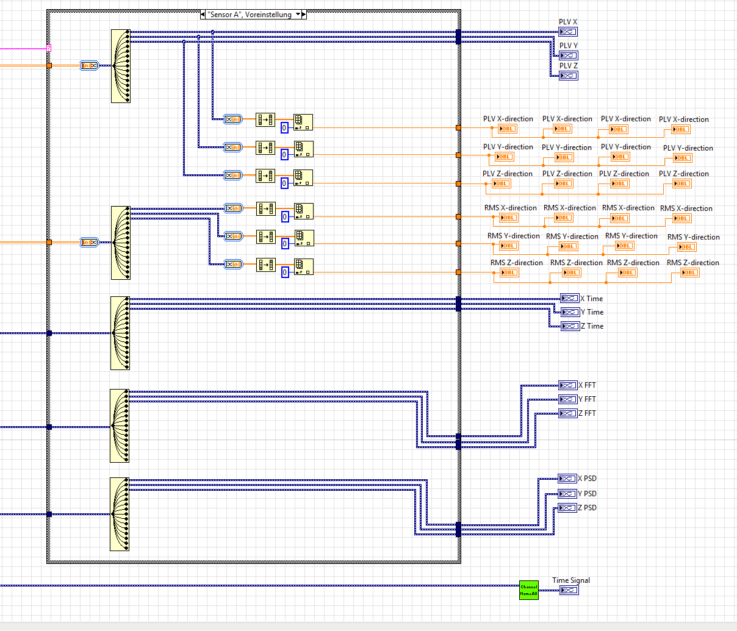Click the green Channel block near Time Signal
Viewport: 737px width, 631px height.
tap(529, 590)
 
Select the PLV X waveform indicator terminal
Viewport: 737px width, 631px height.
tap(568, 32)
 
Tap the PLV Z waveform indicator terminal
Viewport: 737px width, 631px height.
tap(568, 76)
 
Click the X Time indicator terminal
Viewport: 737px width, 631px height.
tap(570, 298)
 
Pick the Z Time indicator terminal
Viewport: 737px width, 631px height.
tap(570, 326)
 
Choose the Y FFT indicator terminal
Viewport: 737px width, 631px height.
tap(568, 399)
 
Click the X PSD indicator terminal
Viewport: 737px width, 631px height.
tap(567, 479)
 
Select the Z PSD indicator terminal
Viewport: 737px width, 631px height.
tap(567, 508)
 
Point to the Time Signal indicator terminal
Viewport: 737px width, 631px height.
tap(569, 590)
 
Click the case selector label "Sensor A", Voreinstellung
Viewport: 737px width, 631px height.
tap(250, 14)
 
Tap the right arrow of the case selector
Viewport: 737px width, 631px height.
tap(304, 14)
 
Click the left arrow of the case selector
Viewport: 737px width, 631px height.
tap(203, 14)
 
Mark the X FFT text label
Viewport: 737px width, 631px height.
tap(587, 385)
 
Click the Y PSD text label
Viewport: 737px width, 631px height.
tap(587, 494)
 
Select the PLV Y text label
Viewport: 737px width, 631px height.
tap(568, 46)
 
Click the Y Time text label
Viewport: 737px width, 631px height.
tap(592, 312)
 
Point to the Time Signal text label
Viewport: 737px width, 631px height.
tap(571, 580)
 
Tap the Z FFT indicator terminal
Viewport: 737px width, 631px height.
tap(568, 413)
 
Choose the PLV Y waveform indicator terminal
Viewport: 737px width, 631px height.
tap(568, 55)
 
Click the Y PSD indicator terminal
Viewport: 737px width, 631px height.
tap(567, 494)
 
